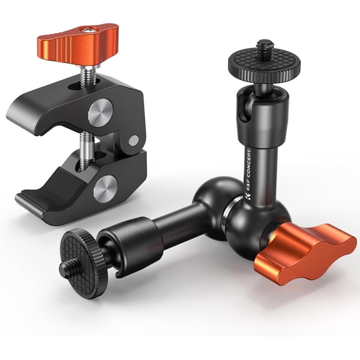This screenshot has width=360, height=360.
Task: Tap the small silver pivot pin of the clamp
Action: coord(133,142)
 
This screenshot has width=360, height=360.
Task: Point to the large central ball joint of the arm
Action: coord(216,199)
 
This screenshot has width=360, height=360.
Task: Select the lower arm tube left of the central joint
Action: coord(172,226)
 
